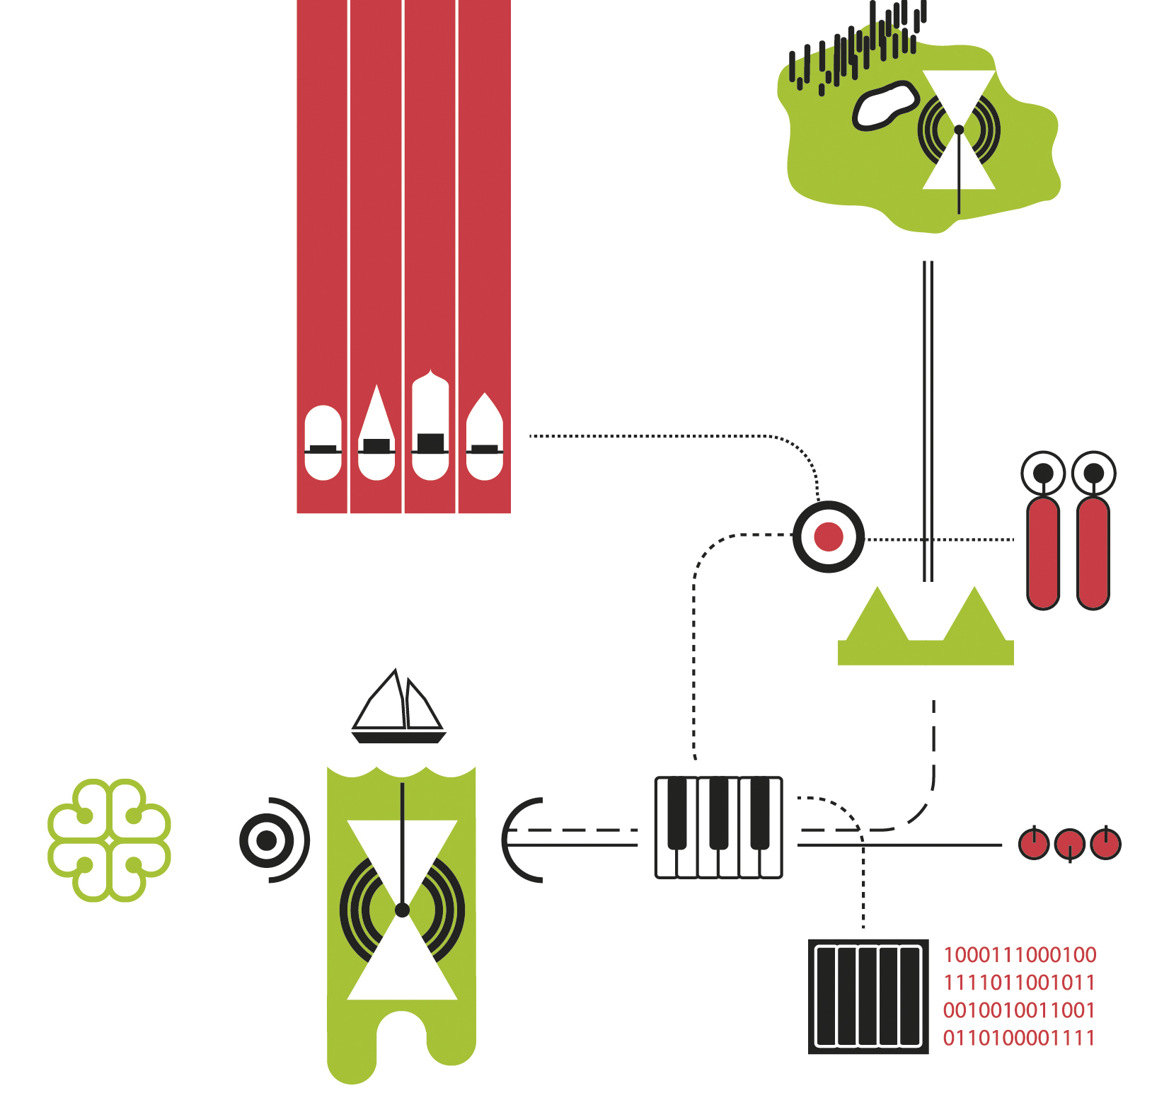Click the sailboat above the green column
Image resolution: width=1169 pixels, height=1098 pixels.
tap(399, 708)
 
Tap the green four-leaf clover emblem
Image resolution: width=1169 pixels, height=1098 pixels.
tap(109, 840)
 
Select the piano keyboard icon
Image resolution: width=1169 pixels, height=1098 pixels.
tap(719, 828)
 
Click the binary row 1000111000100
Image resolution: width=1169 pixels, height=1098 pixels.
tap(1020, 955)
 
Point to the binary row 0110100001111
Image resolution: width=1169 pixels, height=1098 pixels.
tap(1019, 1038)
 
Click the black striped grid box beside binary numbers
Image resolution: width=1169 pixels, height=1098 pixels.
tap(868, 997)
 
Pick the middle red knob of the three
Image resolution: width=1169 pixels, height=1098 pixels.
tap(1069, 844)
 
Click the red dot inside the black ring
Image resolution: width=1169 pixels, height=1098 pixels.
tap(829, 537)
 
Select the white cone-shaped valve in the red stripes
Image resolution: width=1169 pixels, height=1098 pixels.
tap(376, 434)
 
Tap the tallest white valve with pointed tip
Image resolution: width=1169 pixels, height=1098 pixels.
tap(430, 425)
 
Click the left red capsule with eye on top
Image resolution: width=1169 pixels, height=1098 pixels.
tap(1043, 552)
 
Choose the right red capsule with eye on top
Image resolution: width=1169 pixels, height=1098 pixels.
tap(1093, 552)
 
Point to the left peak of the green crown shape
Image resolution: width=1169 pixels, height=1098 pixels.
tap(878, 609)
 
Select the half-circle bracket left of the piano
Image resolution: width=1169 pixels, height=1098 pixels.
tap(520, 840)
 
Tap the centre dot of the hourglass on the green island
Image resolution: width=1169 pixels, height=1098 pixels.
tap(959, 130)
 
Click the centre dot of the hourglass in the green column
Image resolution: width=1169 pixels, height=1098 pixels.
tap(402, 910)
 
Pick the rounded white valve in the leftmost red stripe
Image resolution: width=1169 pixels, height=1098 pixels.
tap(323, 443)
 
